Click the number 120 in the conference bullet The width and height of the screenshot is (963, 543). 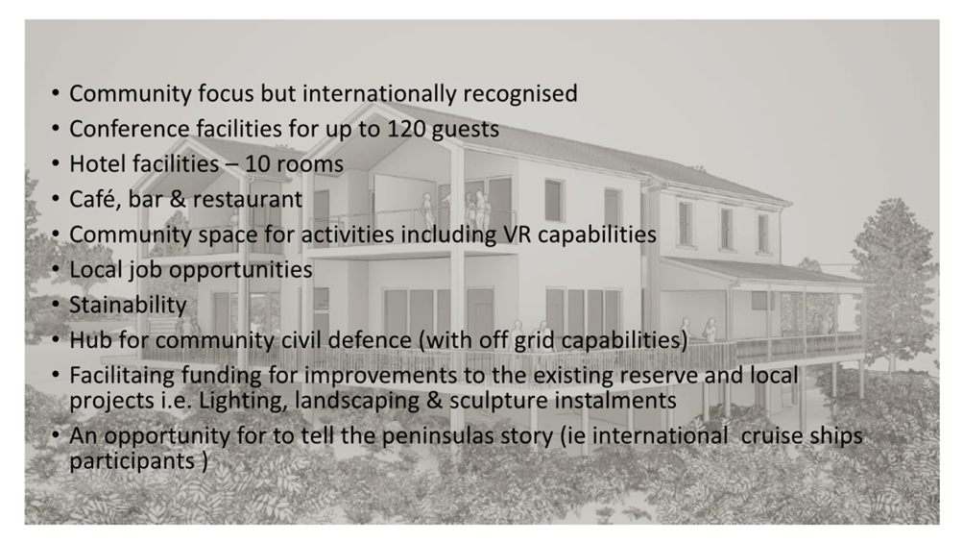[406, 129]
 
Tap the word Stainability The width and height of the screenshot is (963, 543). [128, 305]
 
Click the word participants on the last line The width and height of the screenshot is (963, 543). [132, 461]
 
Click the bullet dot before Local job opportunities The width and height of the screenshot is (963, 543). [56, 269]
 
